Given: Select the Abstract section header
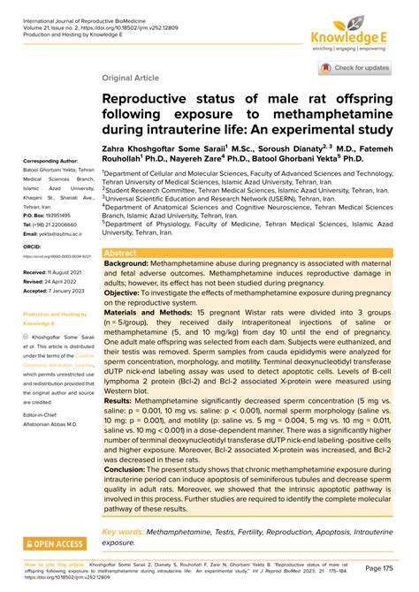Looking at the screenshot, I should (x=121, y=252).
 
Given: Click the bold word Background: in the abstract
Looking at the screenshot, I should (x=133, y=263).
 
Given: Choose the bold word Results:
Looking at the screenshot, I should (x=123, y=400).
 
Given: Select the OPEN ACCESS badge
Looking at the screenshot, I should (x=55, y=544).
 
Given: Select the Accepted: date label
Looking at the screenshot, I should (x=38, y=291).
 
